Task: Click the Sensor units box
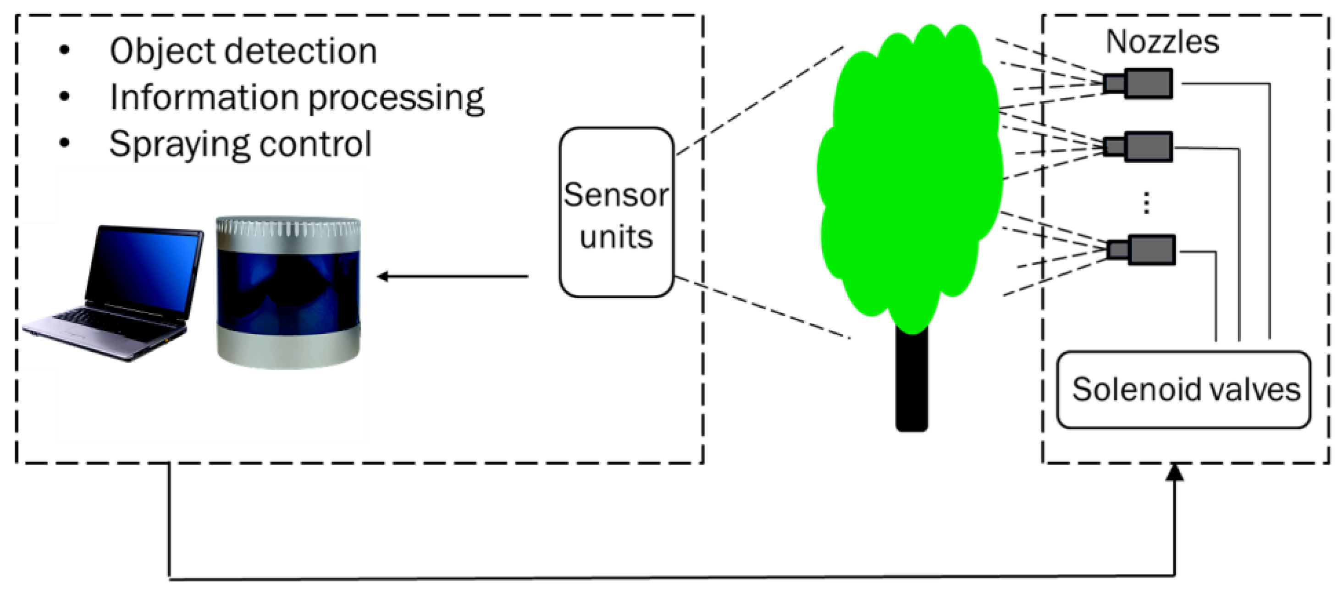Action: [x=616, y=213]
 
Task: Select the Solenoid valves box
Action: [x=1183, y=389]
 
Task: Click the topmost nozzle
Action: [x=1139, y=83]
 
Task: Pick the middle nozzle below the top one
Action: [x=1139, y=147]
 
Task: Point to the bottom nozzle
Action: [x=1142, y=250]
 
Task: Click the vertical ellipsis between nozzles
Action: [x=1146, y=203]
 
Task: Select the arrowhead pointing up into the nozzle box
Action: [x=1175, y=472]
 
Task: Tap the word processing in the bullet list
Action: [x=396, y=98]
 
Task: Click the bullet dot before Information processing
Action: [x=65, y=96]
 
